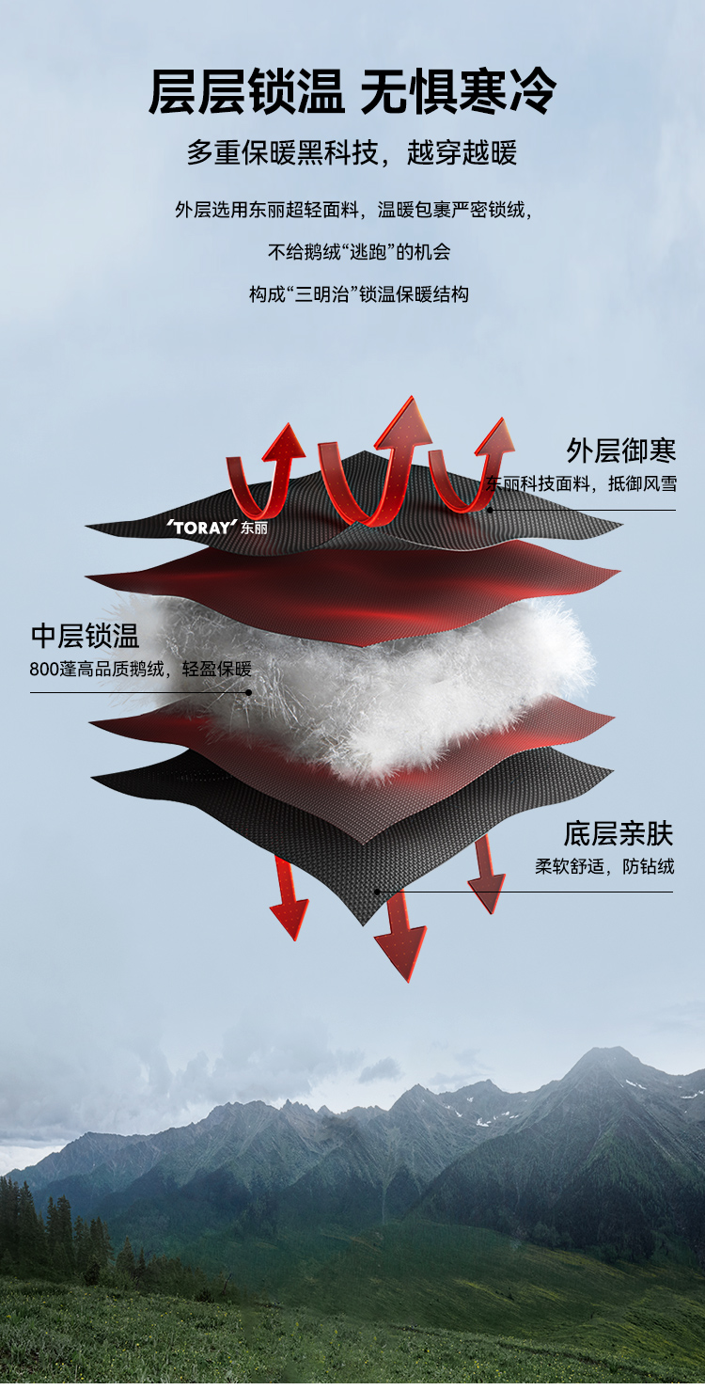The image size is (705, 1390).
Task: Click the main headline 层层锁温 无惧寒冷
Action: [x=352, y=92]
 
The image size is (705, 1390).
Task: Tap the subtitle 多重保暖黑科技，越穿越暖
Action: [x=352, y=153]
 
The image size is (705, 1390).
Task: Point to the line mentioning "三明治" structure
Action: [x=358, y=294]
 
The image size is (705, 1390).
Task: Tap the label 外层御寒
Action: [x=620, y=450]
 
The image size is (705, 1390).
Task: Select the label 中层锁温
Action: [x=85, y=637]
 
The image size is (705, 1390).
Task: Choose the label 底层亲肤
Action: [x=619, y=834]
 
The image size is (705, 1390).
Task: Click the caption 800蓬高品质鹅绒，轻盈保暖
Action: [x=141, y=670]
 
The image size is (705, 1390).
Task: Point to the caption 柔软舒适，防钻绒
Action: [x=604, y=866]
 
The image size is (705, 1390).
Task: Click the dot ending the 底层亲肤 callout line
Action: [x=377, y=892]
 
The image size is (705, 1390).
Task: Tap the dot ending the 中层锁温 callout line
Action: [x=249, y=692]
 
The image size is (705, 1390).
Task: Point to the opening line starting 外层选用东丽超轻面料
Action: [x=352, y=210]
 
